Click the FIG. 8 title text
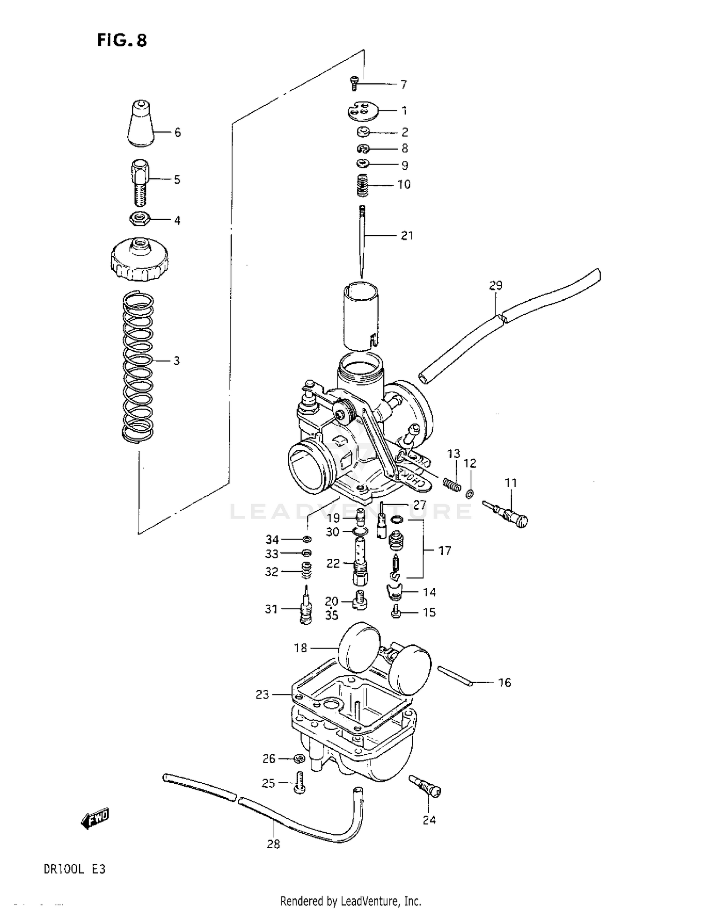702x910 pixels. (122, 41)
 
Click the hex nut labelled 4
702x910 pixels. (139, 218)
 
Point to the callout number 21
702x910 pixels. (407, 236)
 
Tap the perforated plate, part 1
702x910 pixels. (362, 111)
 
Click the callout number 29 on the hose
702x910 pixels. (496, 285)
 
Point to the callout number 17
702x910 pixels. (445, 550)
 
